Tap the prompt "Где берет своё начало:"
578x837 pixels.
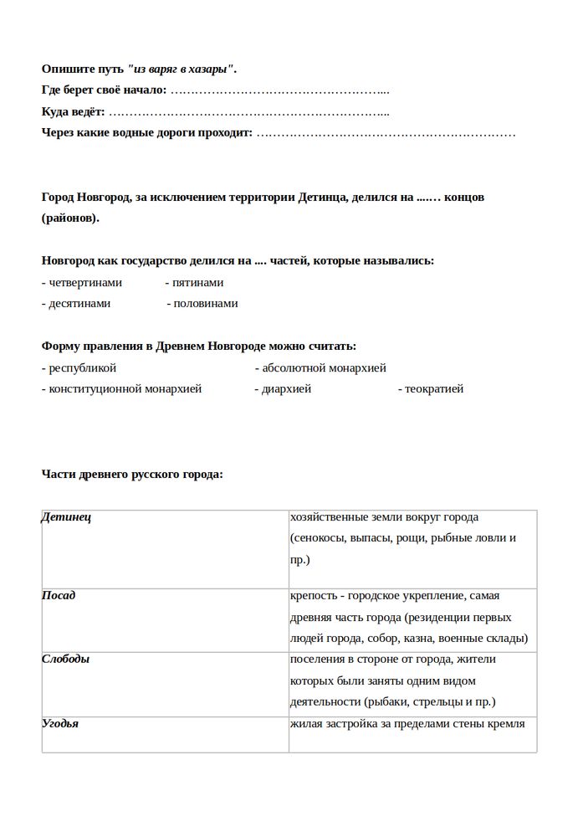(104, 90)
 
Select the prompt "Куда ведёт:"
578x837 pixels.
(74, 112)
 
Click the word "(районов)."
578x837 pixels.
(70, 218)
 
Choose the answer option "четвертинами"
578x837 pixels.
(84, 283)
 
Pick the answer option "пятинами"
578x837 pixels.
(197, 283)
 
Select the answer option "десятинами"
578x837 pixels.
(79, 304)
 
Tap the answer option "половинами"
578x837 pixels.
(205, 304)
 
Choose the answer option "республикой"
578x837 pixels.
(82, 368)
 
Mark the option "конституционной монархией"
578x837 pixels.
(125, 389)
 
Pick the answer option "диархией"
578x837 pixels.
(286, 389)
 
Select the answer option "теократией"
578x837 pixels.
(434, 389)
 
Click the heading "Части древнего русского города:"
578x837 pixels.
(132, 475)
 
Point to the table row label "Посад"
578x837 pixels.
(59, 595)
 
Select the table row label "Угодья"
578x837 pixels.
(60, 723)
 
